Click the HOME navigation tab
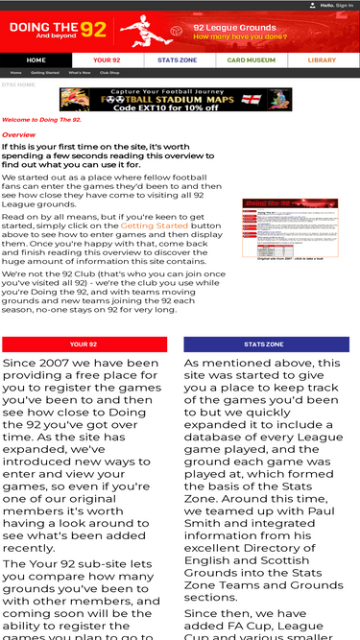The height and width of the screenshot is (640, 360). (x=36, y=59)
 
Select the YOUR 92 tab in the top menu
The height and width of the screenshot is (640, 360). (x=107, y=59)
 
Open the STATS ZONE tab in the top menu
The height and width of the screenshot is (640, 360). (x=179, y=59)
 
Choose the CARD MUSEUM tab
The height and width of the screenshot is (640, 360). (x=251, y=59)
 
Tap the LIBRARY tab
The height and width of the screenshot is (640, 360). (x=323, y=59)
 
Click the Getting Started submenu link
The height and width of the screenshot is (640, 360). (x=44, y=73)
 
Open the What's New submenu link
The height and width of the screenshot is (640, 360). (x=80, y=73)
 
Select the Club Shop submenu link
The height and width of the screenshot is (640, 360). (x=109, y=73)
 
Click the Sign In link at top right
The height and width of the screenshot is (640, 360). (x=345, y=5)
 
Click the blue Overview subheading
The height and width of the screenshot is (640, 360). (x=19, y=135)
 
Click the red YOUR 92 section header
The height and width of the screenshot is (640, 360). (x=84, y=344)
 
